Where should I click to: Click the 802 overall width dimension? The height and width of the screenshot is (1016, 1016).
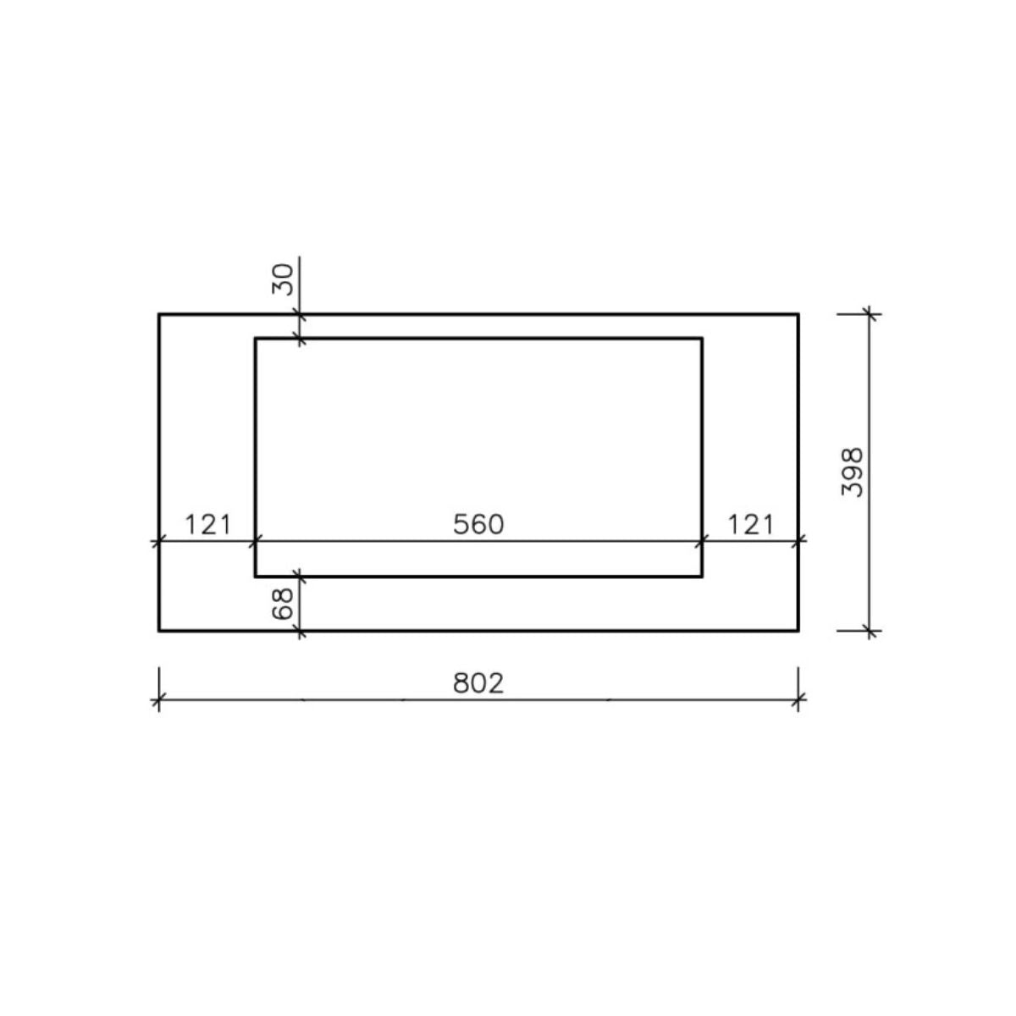tap(478, 682)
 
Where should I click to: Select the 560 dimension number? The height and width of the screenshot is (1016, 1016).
tap(478, 524)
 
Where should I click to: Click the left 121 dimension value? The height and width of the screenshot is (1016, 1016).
tap(207, 524)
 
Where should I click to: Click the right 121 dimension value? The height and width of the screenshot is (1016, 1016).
tap(750, 524)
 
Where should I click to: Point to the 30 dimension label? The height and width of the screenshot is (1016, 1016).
tap(282, 279)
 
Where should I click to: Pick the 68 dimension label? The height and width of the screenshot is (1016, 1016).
tap(282, 604)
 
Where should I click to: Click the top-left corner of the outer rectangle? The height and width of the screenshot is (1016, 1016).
tap(159, 314)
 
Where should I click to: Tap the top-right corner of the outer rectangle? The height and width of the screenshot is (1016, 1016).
tap(798, 314)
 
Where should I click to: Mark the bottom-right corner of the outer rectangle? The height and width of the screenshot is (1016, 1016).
tap(798, 631)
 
